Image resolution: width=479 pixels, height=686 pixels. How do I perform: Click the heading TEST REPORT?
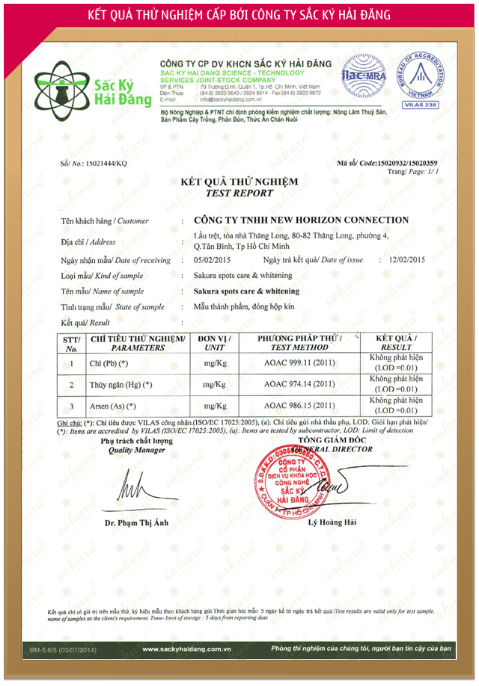[239, 192]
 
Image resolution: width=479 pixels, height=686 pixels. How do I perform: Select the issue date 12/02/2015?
[402, 260]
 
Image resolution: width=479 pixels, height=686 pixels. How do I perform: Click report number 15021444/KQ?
[94, 163]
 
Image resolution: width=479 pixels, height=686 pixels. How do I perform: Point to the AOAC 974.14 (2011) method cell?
[299, 385]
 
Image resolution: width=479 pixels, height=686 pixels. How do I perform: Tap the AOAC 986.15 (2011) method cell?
[299, 407]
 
